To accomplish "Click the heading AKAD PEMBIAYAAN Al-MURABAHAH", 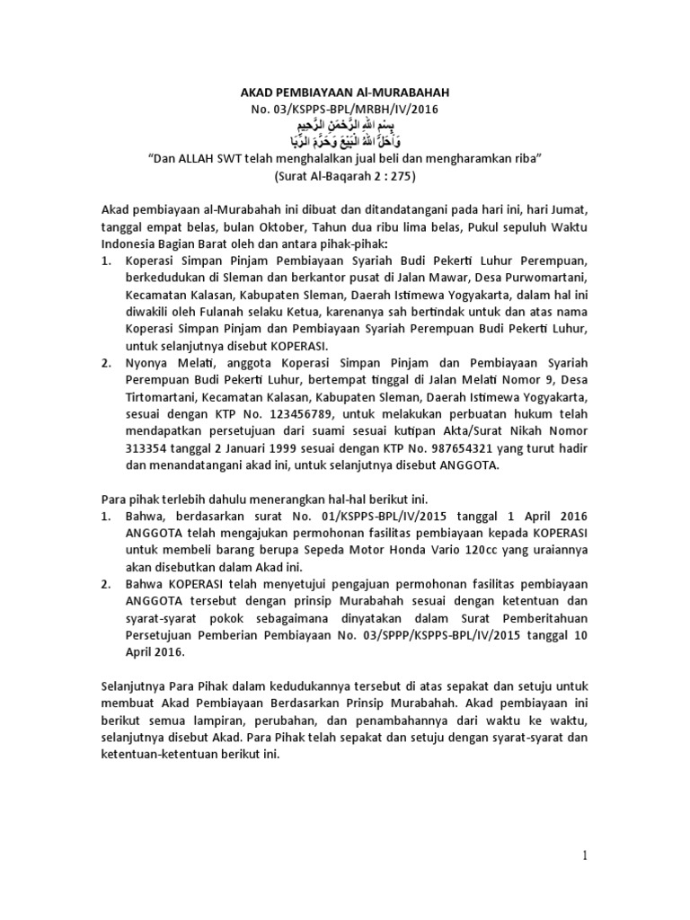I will pyautogui.click(x=345, y=93).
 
